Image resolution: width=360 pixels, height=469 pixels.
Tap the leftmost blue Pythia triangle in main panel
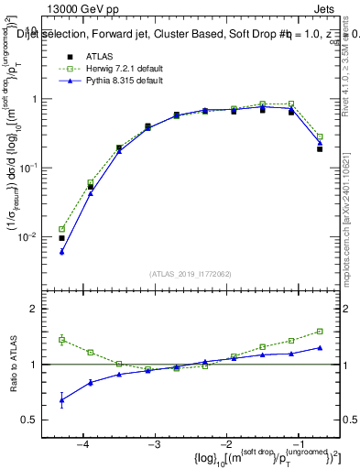[x=61, y=252]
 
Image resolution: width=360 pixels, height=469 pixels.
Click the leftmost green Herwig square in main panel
[x=61, y=229]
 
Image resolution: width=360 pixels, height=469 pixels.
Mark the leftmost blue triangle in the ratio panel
[x=61, y=399]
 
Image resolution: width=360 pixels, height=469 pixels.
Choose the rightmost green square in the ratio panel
[x=320, y=332]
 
